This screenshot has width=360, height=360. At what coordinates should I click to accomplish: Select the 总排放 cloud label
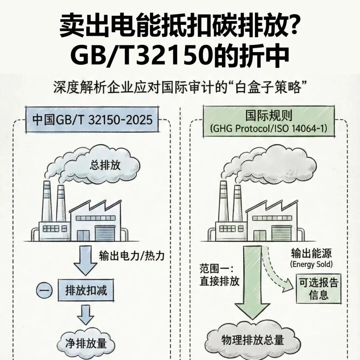[x=105, y=166]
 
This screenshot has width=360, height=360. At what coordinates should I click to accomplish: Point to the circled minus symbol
[x=44, y=291]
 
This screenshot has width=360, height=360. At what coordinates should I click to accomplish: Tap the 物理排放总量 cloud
[x=253, y=340]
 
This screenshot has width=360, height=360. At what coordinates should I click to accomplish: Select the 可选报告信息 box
[x=319, y=289]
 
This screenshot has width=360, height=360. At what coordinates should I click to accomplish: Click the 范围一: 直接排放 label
[x=220, y=275]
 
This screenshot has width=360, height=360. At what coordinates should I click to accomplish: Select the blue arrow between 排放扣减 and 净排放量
[x=86, y=314]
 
